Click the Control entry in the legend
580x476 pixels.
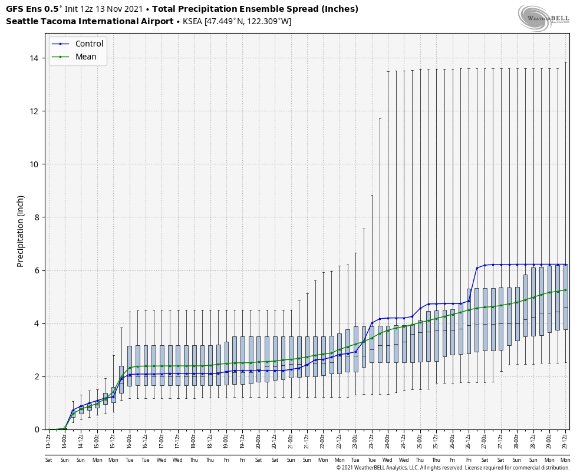(89, 44)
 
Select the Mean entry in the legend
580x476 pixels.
(85, 57)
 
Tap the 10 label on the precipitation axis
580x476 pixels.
(34, 164)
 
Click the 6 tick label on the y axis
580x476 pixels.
(37, 270)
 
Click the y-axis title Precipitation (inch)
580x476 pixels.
(21, 231)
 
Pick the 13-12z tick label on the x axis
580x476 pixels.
(48, 439)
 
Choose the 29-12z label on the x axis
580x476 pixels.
(565, 439)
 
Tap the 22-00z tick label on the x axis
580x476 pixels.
(323, 439)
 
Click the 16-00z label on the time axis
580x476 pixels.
(129, 439)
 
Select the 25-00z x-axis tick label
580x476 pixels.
(420, 439)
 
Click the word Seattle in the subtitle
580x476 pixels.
(21, 22)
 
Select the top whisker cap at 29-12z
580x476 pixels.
(565, 62)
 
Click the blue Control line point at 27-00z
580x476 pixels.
(485, 265)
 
